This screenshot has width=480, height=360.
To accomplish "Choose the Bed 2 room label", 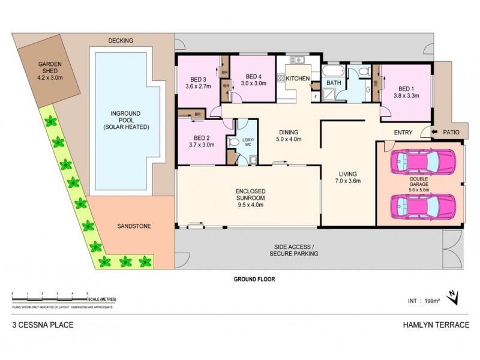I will click(198, 140).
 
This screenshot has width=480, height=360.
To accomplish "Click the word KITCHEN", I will click(298, 79).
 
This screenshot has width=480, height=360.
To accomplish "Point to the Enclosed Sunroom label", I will click(248, 197).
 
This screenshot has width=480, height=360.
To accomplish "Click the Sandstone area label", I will click(133, 227).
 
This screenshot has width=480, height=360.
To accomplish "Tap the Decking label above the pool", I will click(120, 41).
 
